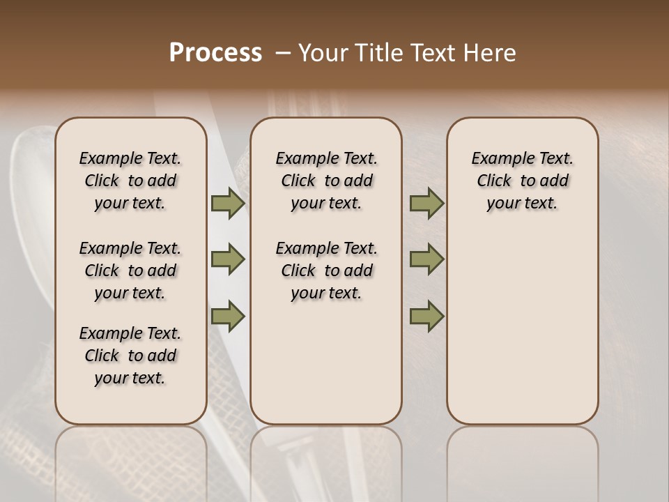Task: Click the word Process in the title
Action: (x=215, y=53)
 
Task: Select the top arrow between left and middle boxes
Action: (x=228, y=204)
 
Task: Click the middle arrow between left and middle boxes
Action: (x=228, y=260)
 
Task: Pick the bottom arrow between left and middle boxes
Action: (x=228, y=316)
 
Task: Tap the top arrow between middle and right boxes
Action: (x=426, y=204)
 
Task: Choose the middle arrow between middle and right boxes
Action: (x=426, y=260)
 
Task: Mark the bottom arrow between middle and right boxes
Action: (x=426, y=316)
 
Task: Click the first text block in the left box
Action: (x=130, y=181)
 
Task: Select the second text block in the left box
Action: (x=130, y=271)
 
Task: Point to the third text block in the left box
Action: (x=130, y=356)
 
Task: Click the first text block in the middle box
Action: (x=326, y=181)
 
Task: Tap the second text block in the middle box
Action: (x=326, y=271)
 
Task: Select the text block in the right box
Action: (x=522, y=181)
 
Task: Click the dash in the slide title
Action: (x=283, y=53)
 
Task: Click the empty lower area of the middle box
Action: (x=326, y=363)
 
